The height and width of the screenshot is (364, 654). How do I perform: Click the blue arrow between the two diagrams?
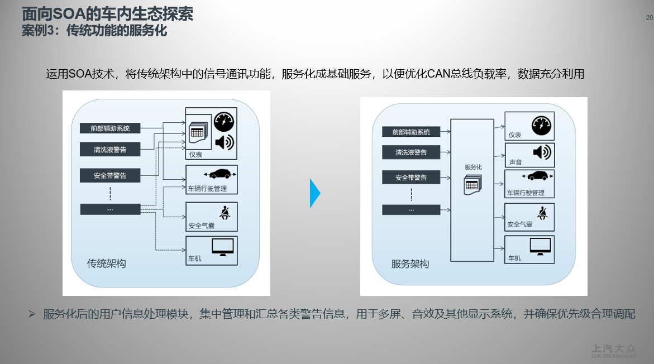[315, 193]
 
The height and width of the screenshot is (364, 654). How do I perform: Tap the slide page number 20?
[649, 18]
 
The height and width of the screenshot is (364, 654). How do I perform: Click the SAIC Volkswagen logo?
[613, 350]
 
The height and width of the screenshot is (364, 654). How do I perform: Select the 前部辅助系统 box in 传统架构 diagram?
[110, 128]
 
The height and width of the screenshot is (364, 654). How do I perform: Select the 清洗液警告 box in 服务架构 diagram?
[411, 152]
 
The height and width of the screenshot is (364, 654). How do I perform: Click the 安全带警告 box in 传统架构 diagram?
[110, 175]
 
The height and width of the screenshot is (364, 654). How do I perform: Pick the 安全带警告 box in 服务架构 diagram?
[411, 178]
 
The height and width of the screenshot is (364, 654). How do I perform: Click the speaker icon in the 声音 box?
[541, 152]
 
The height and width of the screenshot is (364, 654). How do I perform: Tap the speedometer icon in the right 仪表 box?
[541, 125]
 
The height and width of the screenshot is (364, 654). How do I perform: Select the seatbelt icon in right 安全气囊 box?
[541, 213]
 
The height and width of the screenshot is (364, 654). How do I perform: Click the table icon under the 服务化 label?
[472, 185]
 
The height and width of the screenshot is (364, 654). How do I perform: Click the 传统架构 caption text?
[106, 264]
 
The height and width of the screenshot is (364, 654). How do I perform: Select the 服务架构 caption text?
[410, 264]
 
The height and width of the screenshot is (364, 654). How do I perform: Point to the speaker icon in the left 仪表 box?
[224, 142]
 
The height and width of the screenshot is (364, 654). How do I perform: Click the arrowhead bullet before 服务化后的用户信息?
[32, 314]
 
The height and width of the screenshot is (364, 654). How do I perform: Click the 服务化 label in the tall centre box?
[473, 167]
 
